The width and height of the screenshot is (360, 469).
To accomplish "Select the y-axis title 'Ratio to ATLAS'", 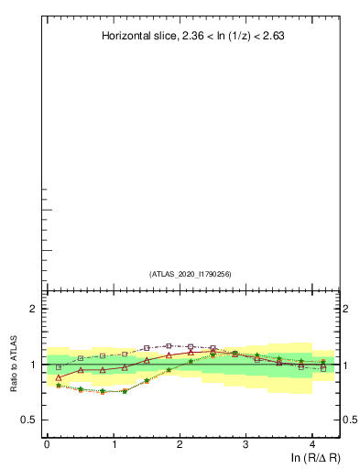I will pos(15,365).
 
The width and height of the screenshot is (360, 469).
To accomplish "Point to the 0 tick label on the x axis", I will pos(47,443).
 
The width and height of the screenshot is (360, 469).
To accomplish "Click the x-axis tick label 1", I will pos(114,443).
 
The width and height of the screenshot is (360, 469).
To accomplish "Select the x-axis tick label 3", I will pos(246,443).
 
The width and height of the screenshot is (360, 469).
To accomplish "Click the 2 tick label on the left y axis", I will pos(33,310).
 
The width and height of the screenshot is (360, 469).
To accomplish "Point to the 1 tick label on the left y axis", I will pos(33,365).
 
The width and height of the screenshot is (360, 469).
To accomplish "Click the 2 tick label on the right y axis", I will pos(345,310).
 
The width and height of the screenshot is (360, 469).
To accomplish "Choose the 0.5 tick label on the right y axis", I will pos(349,420).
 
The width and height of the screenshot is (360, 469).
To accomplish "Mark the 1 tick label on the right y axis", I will pos(345,365).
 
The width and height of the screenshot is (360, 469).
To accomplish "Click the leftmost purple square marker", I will pos(59,367).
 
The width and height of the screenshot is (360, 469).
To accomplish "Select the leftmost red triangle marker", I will pos(59,377).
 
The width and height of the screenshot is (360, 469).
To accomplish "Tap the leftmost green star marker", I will pos(59,386).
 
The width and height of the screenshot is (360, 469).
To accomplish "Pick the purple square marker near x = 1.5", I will pos(147,348).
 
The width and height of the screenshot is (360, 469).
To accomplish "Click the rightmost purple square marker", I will pos(323,369).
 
